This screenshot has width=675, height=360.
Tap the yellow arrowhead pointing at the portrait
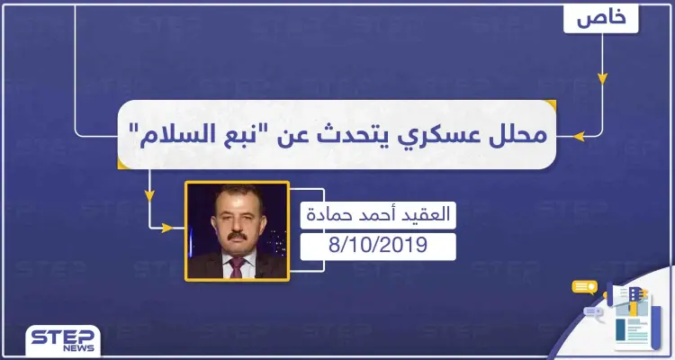(167, 229)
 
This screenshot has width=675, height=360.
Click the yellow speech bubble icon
(584, 288)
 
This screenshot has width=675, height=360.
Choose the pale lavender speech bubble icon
(594, 312)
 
